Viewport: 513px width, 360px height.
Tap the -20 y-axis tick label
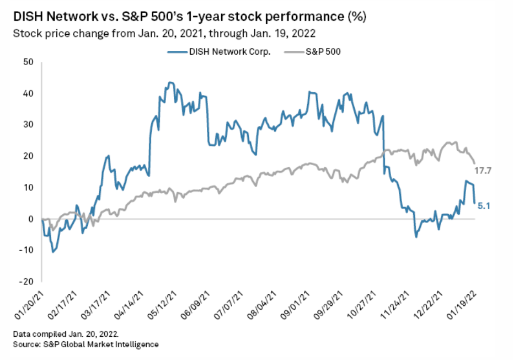(25, 281)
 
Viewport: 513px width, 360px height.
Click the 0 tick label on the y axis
(30, 219)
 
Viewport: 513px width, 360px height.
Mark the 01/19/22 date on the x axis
(467, 304)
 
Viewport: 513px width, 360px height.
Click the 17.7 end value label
(483, 171)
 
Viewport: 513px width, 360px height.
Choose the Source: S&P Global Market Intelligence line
(86, 345)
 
